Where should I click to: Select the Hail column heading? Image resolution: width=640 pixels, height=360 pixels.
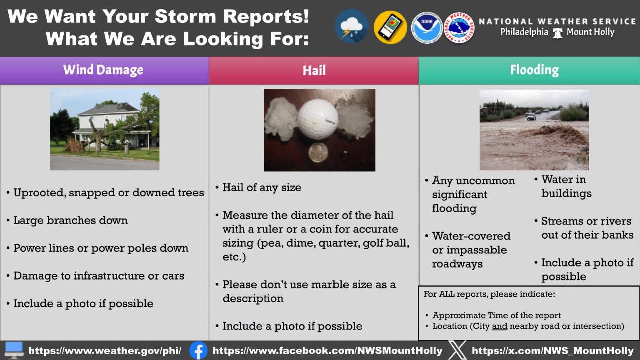(314, 70)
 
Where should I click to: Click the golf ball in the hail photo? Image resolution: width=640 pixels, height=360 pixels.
(317, 119)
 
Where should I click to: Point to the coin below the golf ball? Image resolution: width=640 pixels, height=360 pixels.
(318, 152)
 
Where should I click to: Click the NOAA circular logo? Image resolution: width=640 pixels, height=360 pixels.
(427, 27)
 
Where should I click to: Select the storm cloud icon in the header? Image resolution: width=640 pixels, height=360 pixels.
(352, 26)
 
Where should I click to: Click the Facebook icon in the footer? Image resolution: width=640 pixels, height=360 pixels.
(198, 350)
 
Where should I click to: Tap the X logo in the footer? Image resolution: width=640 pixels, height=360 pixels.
(457, 350)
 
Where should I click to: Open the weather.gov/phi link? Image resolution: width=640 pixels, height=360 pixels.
(105, 350)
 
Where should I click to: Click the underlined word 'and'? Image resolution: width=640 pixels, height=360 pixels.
(500, 326)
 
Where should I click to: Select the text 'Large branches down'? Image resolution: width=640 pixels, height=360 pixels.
(70, 220)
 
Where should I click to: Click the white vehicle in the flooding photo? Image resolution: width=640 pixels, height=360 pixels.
(531, 116)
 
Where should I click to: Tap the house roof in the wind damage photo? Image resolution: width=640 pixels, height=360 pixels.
(109, 110)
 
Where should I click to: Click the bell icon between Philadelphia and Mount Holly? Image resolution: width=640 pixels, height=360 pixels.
(557, 33)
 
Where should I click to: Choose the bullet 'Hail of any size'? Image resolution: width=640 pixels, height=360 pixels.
(262, 187)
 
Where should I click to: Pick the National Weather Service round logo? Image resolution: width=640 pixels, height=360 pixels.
(459, 28)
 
